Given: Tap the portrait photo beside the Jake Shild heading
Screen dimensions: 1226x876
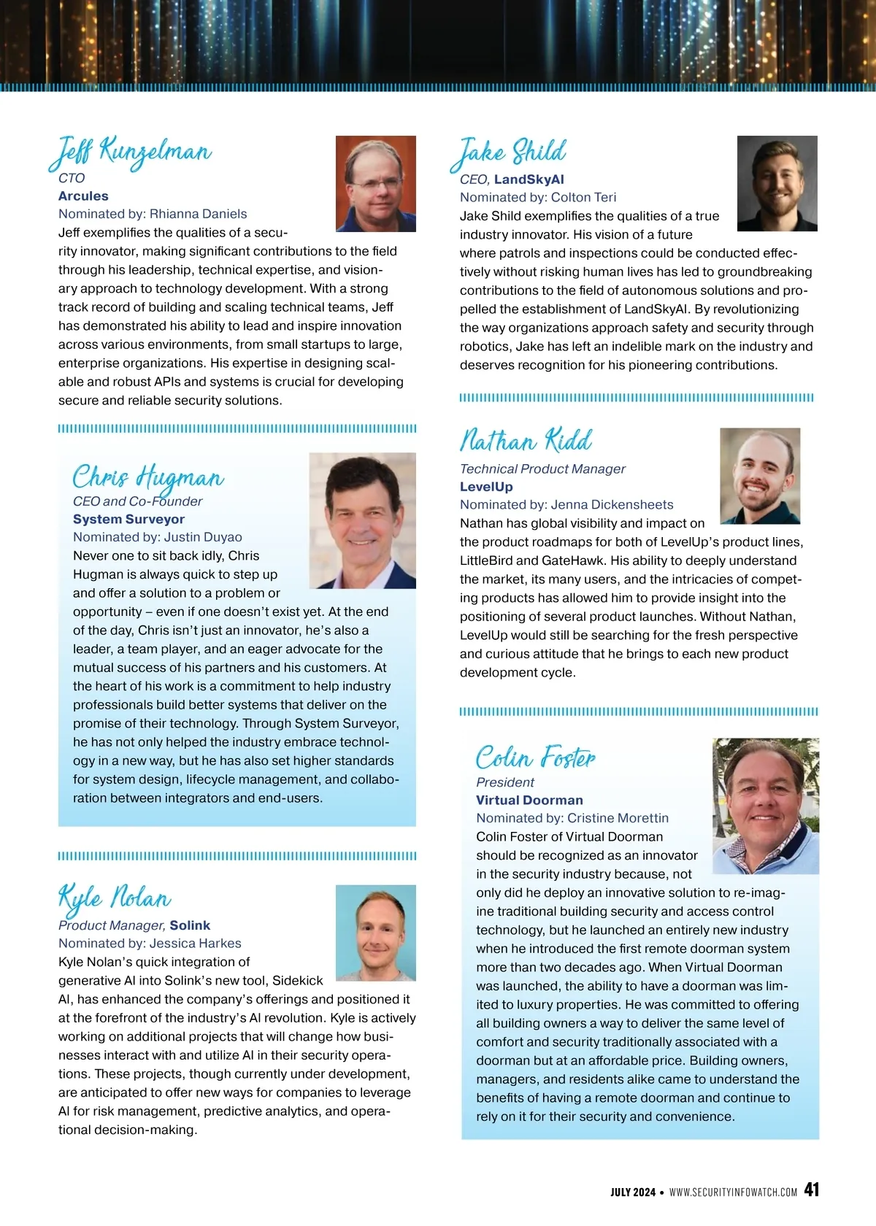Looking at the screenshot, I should [777, 183].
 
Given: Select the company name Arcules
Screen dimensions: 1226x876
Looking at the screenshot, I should [83, 196].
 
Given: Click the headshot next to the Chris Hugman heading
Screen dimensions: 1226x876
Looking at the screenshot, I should [362, 520].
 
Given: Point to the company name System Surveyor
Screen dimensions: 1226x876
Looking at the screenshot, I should [128, 519].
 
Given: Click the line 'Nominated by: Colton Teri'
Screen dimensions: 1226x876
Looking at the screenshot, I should [537, 197].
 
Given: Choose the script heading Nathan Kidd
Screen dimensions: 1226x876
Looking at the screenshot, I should [526, 441].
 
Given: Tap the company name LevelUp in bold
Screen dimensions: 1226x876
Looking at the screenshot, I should [486, 487].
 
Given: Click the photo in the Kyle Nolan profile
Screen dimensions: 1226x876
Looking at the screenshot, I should [375, 933].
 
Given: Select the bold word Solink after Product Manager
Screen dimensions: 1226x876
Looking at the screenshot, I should [190, 925].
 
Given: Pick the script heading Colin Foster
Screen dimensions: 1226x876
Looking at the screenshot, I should [535, 757].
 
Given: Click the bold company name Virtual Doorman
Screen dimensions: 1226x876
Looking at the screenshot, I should [529, 800].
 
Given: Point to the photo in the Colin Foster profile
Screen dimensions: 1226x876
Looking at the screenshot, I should [765, 806].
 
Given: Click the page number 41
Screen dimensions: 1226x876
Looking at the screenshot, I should [811, 1190].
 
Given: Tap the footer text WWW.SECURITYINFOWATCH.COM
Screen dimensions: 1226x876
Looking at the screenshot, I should [733, 1192].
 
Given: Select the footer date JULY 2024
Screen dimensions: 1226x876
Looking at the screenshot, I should [633, 1192].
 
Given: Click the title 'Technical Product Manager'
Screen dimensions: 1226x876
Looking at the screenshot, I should [542, 469].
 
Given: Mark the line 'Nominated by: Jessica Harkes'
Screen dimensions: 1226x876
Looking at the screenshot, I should [150, 943].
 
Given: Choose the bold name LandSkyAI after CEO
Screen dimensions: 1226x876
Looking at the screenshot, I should [529, 179].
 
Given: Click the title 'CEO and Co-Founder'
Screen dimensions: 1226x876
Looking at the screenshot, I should [137, 501].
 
